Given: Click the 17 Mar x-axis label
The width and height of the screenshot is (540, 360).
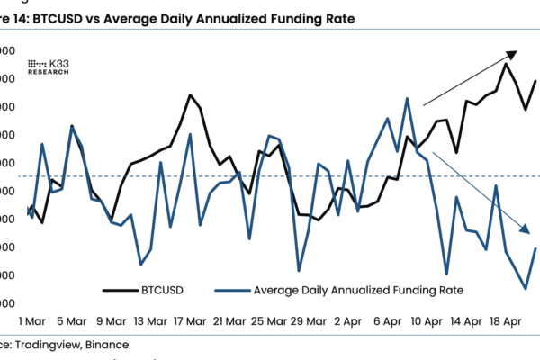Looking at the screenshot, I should tap(191, 320).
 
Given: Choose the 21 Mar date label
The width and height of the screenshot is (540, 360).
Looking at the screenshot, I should tap(230, 320).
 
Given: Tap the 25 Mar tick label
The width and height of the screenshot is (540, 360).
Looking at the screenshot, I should tap(270, 320).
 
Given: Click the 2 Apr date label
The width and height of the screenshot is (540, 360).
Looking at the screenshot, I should tap(349, 320).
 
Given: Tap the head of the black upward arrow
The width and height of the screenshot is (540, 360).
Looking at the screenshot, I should tap(512, 53).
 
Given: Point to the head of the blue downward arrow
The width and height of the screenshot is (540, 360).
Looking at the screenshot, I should tap(525, 229).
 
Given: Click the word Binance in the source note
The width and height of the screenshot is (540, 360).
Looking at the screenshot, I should tap(107, 344).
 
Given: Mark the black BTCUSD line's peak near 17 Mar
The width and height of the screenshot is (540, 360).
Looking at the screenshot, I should tap(191, 94).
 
